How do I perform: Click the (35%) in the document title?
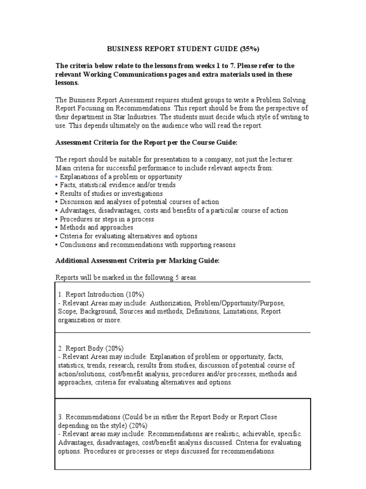[x=250, y=49]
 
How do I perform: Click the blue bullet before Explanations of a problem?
[x=57, y=177]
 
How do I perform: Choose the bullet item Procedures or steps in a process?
[x=107, y=219]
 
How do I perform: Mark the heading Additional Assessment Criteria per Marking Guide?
[x=138, y=261]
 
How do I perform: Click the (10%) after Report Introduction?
[x=134, y=294]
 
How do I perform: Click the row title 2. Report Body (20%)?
[x=91, y=348]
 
